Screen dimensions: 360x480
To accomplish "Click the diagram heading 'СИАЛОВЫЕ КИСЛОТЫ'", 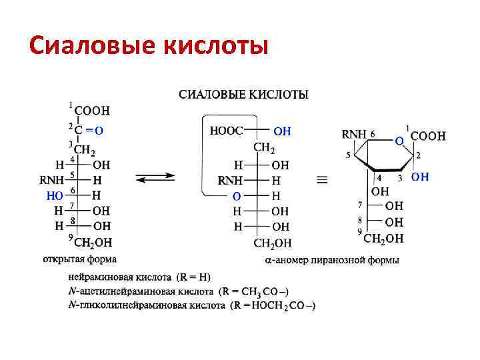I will [243, 95].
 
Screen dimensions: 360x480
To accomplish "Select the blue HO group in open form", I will [56, 195].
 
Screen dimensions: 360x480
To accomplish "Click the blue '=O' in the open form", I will [93, 131].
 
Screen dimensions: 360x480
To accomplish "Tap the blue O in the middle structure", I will [236, 196].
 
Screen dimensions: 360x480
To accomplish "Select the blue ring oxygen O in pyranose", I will [399, 141].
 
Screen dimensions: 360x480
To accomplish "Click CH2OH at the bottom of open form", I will [93, 242].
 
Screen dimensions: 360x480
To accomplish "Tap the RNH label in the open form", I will [52, 179].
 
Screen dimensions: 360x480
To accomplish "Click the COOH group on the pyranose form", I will [428, 136].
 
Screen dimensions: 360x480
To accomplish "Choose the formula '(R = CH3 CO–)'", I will [255, 291].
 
